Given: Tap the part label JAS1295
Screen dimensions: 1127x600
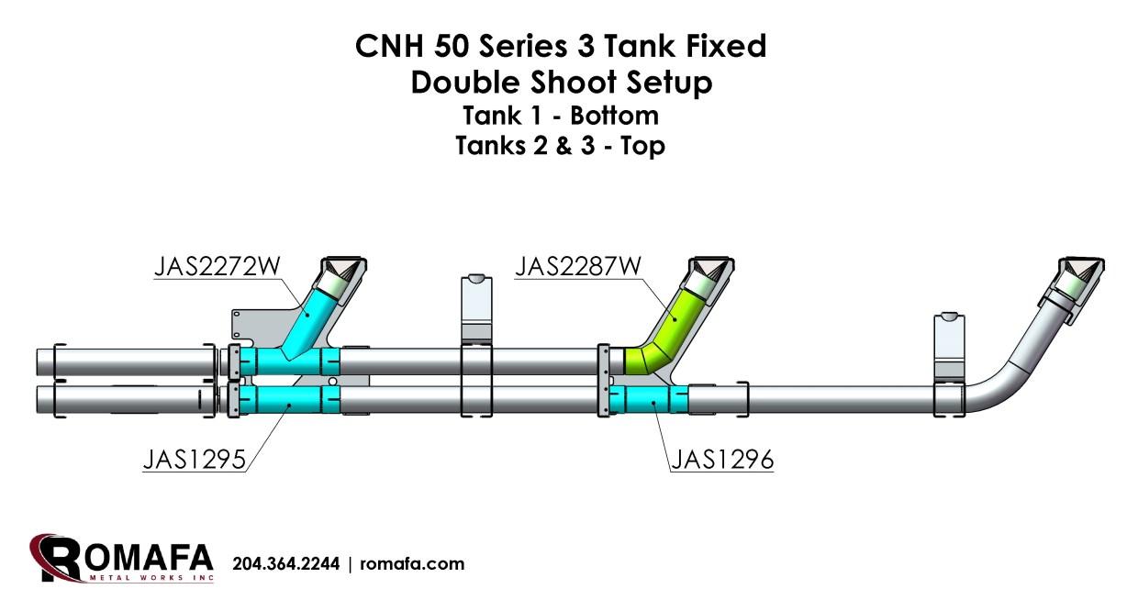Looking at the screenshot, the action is pos(195,459).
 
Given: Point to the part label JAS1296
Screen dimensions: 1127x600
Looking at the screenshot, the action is pos(721,459).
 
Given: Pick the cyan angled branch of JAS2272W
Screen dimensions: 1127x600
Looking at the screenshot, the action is pos(310,317).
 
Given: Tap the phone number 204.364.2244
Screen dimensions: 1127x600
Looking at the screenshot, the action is pos(285,564).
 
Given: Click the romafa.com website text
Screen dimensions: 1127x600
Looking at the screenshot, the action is pos(412,564).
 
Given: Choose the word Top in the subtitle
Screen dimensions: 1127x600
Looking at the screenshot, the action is pos(642,145).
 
